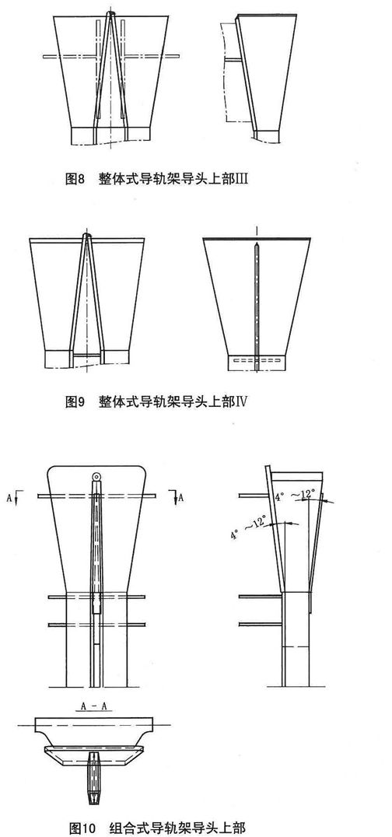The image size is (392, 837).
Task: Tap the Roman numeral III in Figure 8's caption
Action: point(242,180)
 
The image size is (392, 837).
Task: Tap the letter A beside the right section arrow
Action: point(181,498)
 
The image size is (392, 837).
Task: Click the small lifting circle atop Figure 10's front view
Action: point(96,476)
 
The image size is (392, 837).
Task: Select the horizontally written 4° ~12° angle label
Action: point(296,496)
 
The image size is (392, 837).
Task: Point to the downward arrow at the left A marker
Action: point(17,497)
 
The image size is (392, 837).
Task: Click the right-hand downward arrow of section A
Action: point(175,497)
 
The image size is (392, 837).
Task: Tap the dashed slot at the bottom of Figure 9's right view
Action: point(257,362)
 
